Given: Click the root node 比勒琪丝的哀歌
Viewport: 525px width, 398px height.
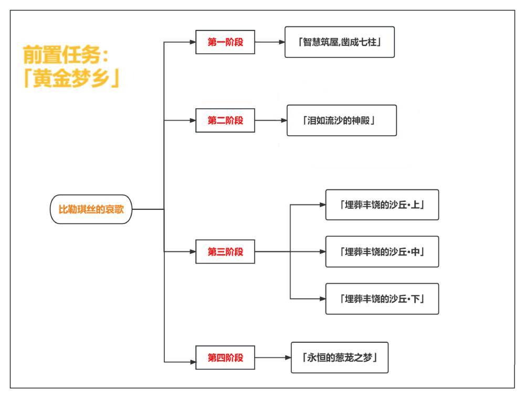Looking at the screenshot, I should [x=91, y=209].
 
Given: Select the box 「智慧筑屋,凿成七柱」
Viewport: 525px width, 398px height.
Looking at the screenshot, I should [x=339, y=42].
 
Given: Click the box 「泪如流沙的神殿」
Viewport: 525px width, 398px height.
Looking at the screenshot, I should [x=341, y=120].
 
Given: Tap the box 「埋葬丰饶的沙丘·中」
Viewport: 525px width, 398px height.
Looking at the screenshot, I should [x=382, y=251].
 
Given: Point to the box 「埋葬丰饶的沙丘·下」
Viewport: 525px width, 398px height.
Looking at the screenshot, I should [x=382, y=299].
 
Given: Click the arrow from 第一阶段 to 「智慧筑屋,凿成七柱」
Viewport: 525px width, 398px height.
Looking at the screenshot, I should [x=269, y=42].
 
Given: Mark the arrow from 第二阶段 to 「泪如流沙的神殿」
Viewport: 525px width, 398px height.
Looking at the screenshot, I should [x=270, y=120].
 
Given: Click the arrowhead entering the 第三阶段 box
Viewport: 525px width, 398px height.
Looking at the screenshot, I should [x=192, y=251].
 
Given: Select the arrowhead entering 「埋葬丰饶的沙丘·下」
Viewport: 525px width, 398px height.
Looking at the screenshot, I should [x=322, y=299].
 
